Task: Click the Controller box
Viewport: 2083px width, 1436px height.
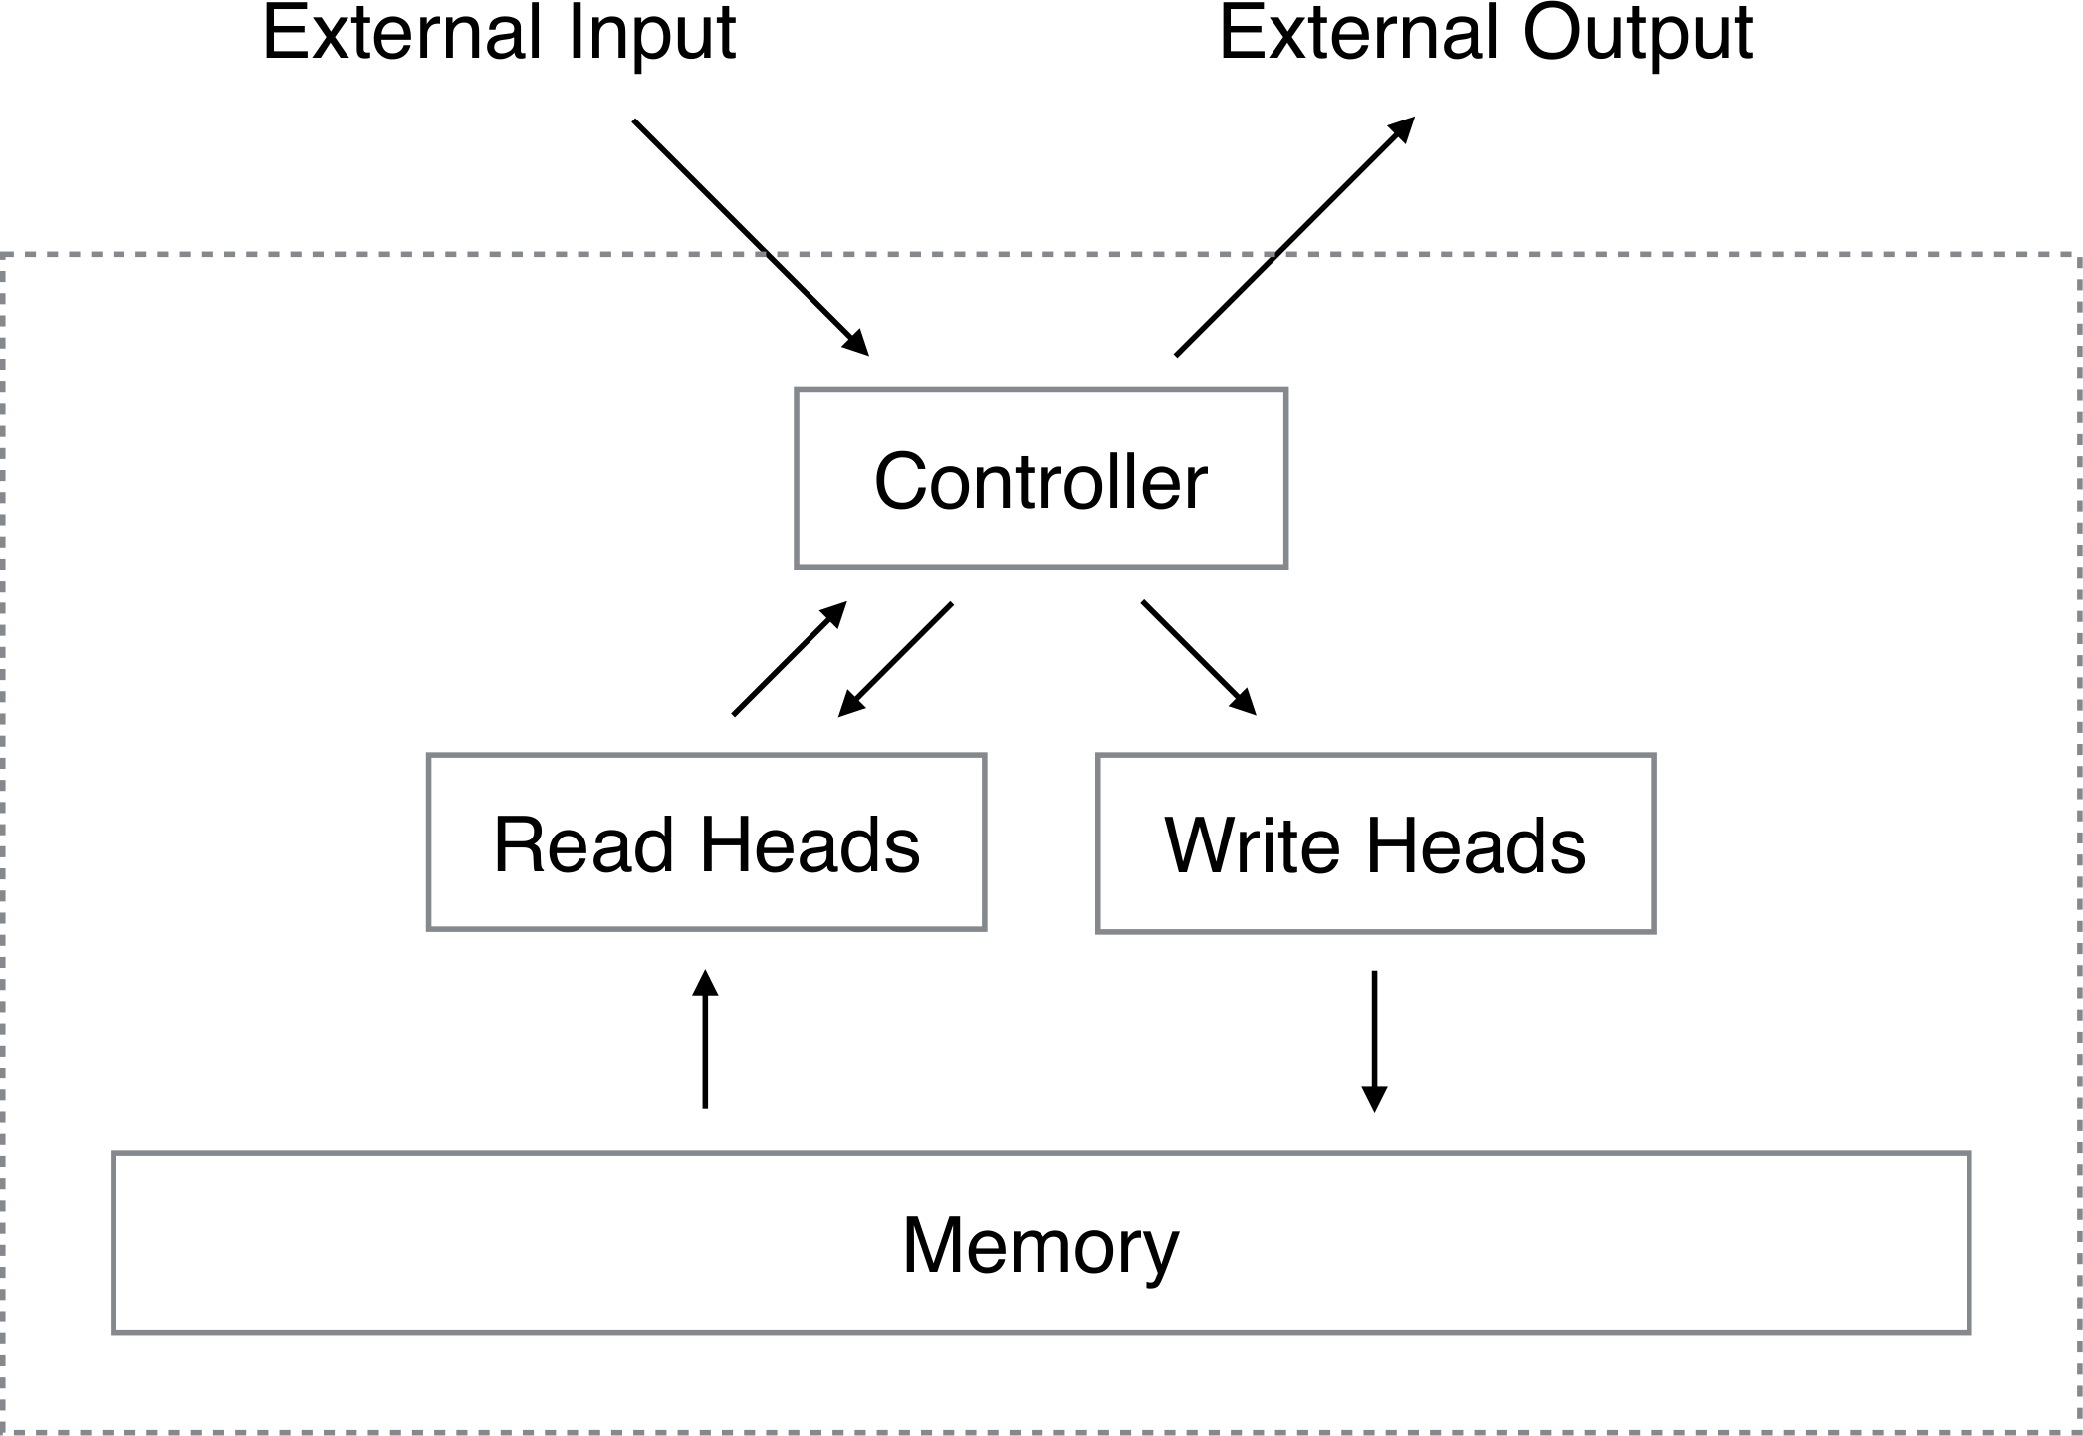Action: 1041,479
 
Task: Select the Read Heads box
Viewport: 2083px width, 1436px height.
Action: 706,842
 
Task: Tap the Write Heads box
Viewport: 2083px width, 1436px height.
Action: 1375,843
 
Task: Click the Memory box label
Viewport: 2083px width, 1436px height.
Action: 1041,1245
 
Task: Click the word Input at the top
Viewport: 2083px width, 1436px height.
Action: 652,34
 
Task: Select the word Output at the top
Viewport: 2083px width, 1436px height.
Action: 1637,34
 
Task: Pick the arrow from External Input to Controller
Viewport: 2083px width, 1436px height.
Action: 750,236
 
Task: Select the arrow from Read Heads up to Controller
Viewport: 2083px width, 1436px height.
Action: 789,659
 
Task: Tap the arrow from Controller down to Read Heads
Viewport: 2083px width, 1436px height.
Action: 896,659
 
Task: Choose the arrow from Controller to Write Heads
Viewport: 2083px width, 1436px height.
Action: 1198,657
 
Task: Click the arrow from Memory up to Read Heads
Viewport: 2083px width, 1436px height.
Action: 705,1040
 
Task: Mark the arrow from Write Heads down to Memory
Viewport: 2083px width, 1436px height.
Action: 1374,1040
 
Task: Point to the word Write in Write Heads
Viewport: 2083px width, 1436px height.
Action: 1252,844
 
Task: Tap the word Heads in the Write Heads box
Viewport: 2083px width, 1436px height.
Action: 1476,844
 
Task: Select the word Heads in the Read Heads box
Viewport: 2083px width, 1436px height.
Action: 810,844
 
